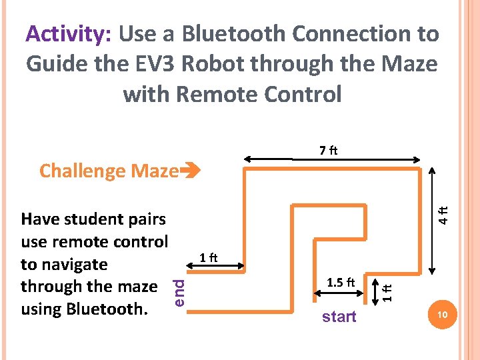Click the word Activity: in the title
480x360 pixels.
[68, 34]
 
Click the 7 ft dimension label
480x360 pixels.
[328, 151]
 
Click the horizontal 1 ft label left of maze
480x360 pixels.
[209, 257]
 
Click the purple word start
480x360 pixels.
[339, 317]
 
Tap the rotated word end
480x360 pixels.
[179, 293]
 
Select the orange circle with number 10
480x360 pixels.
[442, 314]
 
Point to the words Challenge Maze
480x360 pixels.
[109, 171]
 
